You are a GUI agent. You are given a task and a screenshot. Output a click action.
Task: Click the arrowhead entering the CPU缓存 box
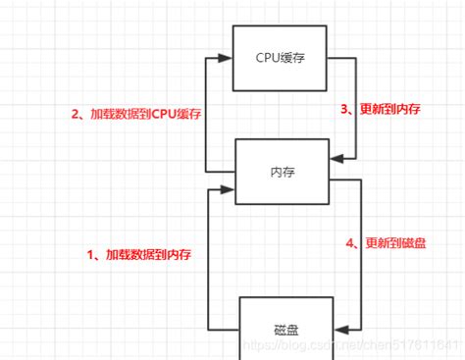click(x=228, y=58)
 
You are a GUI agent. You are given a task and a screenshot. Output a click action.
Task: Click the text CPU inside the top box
click(x=265, y=57)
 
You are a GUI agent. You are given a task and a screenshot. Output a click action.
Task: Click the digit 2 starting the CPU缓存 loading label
click(x=74, y=113)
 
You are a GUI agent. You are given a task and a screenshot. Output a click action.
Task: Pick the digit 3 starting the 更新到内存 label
click(x=345, y=110)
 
